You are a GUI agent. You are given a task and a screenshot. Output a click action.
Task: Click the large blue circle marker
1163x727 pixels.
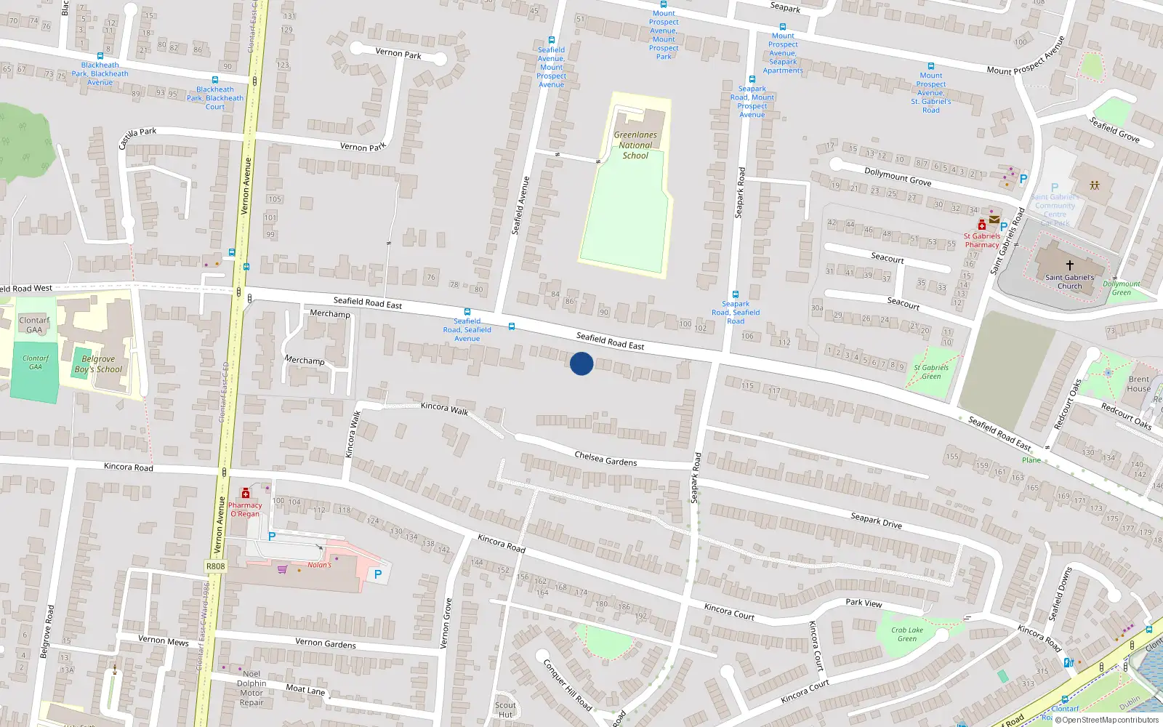(581, 363)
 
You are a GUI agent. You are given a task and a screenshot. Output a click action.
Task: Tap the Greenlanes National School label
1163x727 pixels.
(635, 145)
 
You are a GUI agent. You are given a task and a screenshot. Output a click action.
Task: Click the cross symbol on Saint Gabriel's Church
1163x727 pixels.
(1069, 265)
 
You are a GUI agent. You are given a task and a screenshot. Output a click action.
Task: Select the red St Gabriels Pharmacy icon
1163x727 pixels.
(982, 225)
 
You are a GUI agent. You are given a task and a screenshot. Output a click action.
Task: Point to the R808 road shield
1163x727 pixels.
(216, 566)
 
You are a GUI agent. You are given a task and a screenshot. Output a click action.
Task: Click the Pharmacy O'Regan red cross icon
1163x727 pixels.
(246, 494)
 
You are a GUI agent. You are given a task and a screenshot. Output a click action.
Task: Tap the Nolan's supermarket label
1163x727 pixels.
(319, 565)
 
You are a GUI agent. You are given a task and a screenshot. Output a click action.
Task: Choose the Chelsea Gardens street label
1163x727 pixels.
(605, 459)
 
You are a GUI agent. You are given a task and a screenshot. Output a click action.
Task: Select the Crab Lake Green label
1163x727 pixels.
(907, 635)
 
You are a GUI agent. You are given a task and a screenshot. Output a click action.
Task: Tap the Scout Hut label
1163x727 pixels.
(505, 710)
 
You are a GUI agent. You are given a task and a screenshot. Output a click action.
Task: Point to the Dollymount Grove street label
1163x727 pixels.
(898, 176)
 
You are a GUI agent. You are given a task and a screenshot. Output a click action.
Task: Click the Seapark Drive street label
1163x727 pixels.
(876, 520)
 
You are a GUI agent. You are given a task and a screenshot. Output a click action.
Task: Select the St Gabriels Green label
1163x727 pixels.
(931, 372)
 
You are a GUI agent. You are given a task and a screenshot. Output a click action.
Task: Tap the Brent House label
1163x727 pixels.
(1138, 384)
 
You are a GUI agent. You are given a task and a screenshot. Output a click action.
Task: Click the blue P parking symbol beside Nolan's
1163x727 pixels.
(378, 574)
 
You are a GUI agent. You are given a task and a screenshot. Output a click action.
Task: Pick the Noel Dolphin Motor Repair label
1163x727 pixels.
(251, 688)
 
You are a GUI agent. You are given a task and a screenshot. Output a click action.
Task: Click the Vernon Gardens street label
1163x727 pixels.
(326, 643)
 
